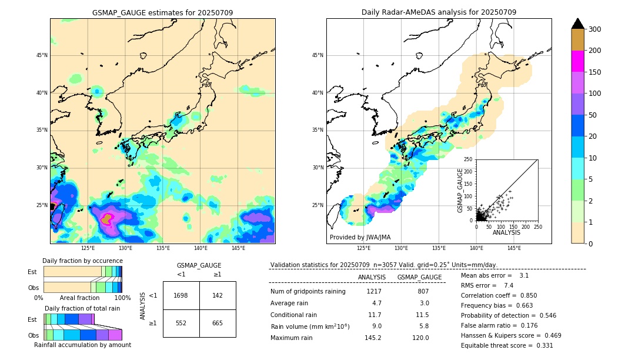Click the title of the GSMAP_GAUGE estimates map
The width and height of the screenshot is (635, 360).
point(162,12)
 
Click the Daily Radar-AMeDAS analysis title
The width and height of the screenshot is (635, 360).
point(439,12)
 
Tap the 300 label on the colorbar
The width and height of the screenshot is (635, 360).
point(595,29)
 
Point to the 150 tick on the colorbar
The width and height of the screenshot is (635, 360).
point(595,72)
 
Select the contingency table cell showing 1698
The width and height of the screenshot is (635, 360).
point(181,295)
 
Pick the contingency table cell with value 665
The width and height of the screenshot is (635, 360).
point(218,323)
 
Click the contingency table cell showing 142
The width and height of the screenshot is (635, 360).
point(218,295)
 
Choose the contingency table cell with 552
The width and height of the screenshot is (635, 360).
point(181,323)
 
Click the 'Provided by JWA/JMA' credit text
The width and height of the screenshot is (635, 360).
point(360,237)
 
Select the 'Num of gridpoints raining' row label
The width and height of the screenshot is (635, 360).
point(308,291)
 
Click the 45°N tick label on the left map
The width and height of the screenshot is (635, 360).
point(42,55)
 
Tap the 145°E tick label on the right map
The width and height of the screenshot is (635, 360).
point(514,248)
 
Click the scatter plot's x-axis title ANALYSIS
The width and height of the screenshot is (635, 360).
point(507,232)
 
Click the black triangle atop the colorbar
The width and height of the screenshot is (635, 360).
point(578,24)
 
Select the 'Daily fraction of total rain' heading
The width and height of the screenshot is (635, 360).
point(82,308)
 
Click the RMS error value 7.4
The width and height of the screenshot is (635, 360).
point(509,285)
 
